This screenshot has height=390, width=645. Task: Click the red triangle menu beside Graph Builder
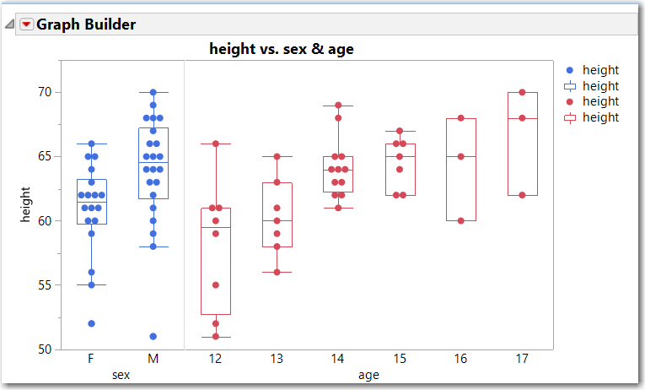(x=26, y=24)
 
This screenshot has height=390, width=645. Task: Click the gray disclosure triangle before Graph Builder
(x=9, y=24)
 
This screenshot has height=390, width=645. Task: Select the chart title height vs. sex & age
(x=281, y=49)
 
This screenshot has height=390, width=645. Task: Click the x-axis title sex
(x=121, y=374)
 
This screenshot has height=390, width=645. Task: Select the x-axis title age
(x=368, y=374)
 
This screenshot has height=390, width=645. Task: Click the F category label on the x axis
(x=91, y=359)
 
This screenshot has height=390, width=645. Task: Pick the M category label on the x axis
(x=153, y=359)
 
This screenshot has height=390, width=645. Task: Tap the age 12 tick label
(x=215, y=359)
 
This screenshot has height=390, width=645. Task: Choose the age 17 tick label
(x=522, y=359)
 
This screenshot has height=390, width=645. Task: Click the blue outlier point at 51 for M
(x=153, y=337)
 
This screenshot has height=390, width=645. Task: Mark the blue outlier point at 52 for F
(x=91, y=323)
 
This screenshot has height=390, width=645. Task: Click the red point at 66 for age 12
(x=215, y=144)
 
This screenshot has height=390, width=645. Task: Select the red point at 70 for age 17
(x=522, y=92)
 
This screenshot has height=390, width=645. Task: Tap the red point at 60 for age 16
(x=460, y=221)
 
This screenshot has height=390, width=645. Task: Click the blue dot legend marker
(x=569, y=71)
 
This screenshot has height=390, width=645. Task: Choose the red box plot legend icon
(x=569, y=117)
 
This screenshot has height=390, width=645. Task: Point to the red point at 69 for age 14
(x=338, y=106)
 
